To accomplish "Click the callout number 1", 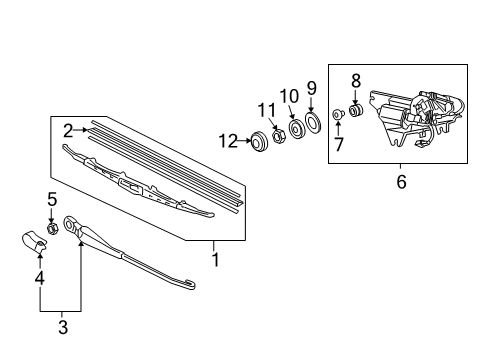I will (213, 259).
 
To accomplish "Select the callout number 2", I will (68, 129).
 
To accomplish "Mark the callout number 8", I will (355, 80).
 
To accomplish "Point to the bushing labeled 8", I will (355, 110).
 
